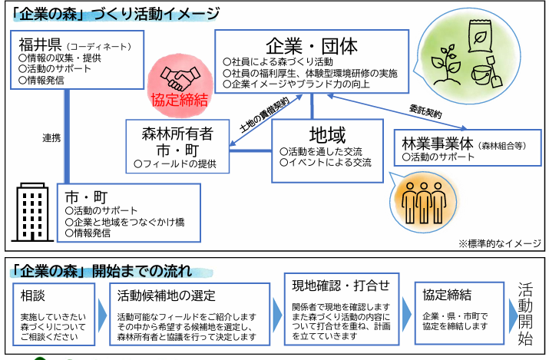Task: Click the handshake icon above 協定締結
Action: (x=180, y=78)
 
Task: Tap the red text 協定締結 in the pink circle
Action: (x=179, y=101)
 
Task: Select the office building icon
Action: (x=32, y=212)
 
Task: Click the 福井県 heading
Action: (x=40, y=45)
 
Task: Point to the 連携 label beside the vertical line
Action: (x=51, y=138)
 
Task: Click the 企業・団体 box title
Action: (x=312, y=46)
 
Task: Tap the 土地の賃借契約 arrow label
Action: (x=265, y=115)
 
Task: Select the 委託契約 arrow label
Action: (x=425, y=111)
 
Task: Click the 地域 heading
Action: (x=327, y=135)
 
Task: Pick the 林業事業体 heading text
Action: (x=438, y=143)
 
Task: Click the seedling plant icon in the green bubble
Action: (x=445, y=64)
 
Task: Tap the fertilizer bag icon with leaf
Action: (x=480, y=36)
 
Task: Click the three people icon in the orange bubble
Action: (x=424, y=203)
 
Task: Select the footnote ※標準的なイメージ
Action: (x=500, y=243)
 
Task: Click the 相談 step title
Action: (x=33, y=296)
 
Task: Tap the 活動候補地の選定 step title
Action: (x=166, y=296)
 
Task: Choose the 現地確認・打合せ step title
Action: (x=341, y=286)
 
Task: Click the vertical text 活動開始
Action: (x=525, y=313)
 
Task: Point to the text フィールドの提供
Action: (x=175, y=163)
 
